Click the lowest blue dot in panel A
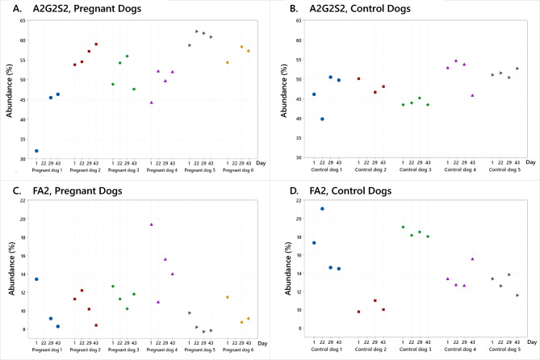[36, 151]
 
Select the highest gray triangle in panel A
[197, 31]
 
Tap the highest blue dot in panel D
[322, 209]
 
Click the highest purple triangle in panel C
[151, 224]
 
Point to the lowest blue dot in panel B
[322, 119]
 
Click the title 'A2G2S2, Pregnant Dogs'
[87, 8]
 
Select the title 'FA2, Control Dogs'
[350, 190]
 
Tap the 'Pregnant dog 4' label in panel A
[162, 170]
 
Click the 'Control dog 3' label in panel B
[416, 170]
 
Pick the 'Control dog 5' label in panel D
[504, 350]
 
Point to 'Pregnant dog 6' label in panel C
[238, 350]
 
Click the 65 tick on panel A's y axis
[23, 21]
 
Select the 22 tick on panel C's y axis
[23, 200]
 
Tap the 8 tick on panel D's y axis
[300, 329]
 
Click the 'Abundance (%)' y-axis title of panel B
[284, 90]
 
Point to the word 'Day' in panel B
[530, 162]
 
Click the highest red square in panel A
[96, 44]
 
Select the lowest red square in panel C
[96, 325]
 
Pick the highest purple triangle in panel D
[472, 259]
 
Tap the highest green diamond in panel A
[127, 57]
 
